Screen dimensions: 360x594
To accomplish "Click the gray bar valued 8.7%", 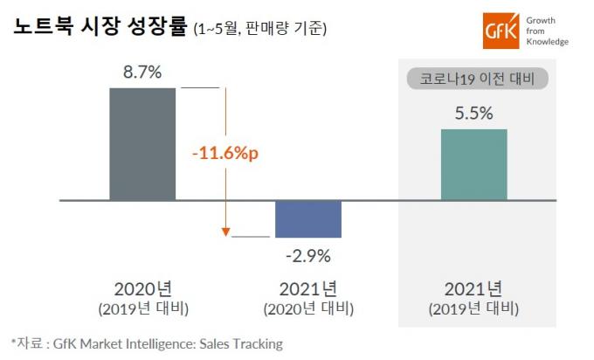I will (x=142, y=144).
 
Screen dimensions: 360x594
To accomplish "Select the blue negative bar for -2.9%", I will (x=307, y=218).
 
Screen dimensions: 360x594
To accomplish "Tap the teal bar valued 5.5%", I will (x=473, y=164).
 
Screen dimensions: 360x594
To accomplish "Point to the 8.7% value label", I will (x=142, y=73).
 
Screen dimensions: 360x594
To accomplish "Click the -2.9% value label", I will (x=307, y=257).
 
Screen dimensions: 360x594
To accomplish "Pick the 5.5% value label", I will (x=473, y=114).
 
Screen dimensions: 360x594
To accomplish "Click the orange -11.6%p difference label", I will (x=231, y=153).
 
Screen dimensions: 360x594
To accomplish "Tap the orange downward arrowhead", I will (x=225, y=232).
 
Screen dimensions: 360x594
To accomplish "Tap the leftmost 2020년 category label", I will (x=142, y=289).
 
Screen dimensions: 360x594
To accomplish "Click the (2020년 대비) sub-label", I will (x=307, y=309).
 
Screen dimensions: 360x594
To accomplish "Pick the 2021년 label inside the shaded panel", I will (x=473, y=289).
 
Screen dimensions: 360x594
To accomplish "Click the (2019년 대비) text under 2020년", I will (x=142, y=309).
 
